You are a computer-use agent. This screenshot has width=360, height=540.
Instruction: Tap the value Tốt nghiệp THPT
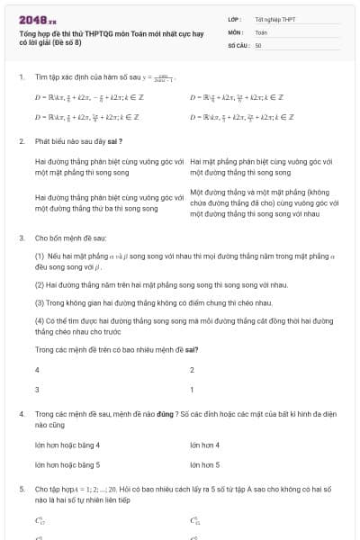[x=274, y=19]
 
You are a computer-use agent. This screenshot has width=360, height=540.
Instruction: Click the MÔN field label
[x=236, y=31]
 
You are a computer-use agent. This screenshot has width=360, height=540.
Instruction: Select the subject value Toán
[x=261, y=31]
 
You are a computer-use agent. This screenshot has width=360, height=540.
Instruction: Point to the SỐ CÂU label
[x=238, y=44]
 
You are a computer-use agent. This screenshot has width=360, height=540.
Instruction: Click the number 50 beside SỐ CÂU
[x=258, y=44]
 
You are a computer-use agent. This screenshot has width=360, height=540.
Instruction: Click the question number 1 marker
[x=21, y=77]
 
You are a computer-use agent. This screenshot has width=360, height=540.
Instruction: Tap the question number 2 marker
[x=21, y=141]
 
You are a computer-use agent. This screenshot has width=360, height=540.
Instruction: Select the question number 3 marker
[x=21, y=238]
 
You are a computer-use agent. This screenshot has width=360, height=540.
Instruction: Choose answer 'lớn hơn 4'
[x=206, y=445]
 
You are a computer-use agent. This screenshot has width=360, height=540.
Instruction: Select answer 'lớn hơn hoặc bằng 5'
[x=67, y=464]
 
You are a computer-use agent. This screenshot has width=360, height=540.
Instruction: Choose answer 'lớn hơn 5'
[x=206, y=464]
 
